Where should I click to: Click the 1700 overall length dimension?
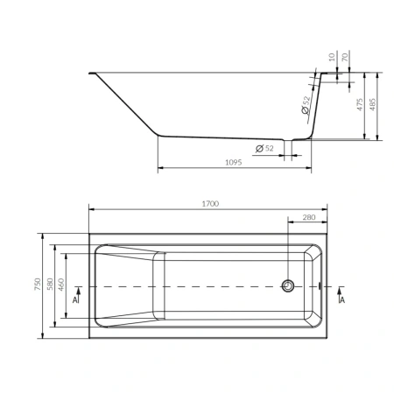[210, 203]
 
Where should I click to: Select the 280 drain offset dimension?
[309, 217]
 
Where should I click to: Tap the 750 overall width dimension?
[38, 284]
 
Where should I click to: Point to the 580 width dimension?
[50, 284]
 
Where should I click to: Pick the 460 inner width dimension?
[60, 285]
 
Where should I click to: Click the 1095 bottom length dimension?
[234, 162]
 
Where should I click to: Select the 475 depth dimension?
[360, 104]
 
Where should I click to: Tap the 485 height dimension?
[373, 104]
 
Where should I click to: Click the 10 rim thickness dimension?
[332, 57]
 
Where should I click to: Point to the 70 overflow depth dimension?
[345, 57]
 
